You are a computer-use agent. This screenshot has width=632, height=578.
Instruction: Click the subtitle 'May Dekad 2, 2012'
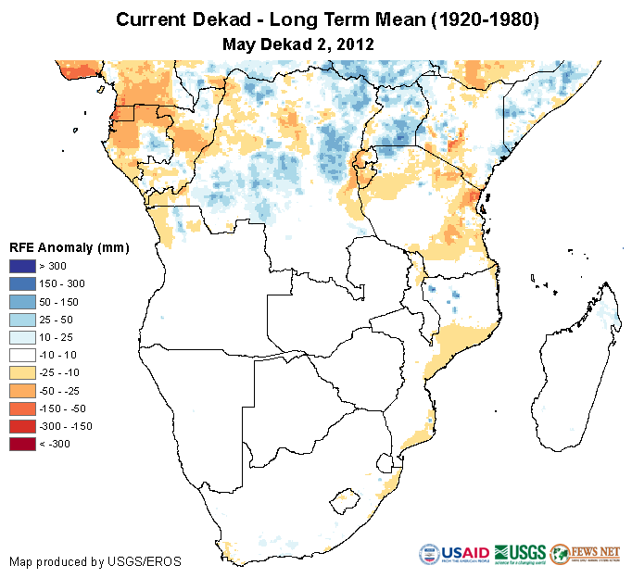[x=298, y=43]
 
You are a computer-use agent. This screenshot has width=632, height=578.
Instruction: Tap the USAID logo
[x=454, y=554]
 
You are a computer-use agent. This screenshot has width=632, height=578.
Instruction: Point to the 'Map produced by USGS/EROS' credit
[x=95, y=561]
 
